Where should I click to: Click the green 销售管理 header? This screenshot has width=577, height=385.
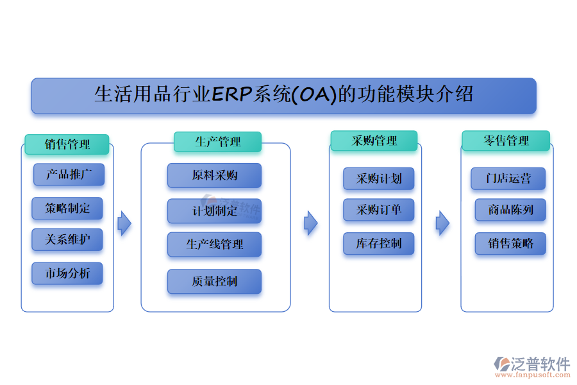67,144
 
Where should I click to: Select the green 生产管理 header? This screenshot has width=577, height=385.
217,142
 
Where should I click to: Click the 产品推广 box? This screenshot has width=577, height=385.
68,175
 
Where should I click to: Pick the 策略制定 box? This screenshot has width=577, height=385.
67,209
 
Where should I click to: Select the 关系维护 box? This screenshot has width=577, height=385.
67,240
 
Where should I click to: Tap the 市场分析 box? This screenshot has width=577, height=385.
67,274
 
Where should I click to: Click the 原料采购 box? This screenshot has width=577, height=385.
214,175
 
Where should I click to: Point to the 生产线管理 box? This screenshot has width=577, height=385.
214,244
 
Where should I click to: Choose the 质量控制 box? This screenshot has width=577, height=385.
214,282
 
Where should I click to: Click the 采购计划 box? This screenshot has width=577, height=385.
378,178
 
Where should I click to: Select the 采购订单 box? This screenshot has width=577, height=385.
378,210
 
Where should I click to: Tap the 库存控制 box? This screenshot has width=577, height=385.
378,243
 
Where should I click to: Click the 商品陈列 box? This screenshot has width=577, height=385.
510,210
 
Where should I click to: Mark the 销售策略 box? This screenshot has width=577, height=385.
510,244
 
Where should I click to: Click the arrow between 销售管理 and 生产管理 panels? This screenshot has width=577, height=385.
124,223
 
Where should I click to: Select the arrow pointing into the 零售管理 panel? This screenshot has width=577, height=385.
442,223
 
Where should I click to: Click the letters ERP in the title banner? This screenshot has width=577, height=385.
232,95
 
